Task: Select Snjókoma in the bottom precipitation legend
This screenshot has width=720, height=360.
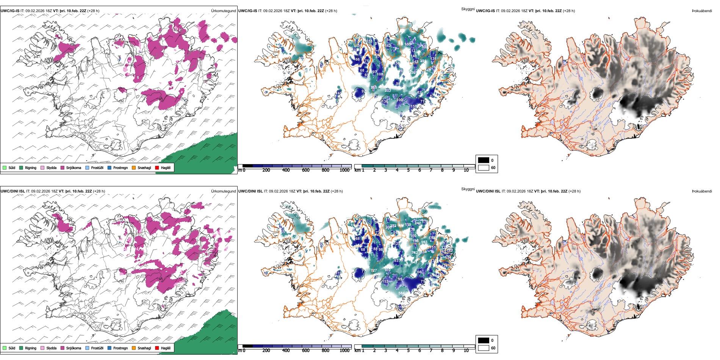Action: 73,348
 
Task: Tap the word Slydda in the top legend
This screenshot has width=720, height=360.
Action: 51,167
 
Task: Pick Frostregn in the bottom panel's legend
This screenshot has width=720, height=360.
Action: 120,348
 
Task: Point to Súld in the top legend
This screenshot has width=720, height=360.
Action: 12,167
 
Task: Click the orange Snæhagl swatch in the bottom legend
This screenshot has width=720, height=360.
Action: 134,348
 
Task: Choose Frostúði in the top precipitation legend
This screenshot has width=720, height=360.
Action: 97,167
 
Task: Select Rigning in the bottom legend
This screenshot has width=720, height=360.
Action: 30,348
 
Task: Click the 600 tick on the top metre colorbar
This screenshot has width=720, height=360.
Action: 306,170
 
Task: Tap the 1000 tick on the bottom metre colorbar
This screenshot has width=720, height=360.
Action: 344,351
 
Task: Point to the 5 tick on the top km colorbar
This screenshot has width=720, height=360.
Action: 408,170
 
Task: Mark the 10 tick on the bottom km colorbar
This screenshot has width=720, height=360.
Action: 466,351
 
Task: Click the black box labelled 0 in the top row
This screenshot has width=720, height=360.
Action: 484,160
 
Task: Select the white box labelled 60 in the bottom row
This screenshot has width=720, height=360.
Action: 484,348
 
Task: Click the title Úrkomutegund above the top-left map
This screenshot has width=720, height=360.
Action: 223,11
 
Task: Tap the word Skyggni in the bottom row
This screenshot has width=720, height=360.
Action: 468,189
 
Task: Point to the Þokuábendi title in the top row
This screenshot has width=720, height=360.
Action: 702,11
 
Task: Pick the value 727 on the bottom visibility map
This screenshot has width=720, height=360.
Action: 374,271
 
